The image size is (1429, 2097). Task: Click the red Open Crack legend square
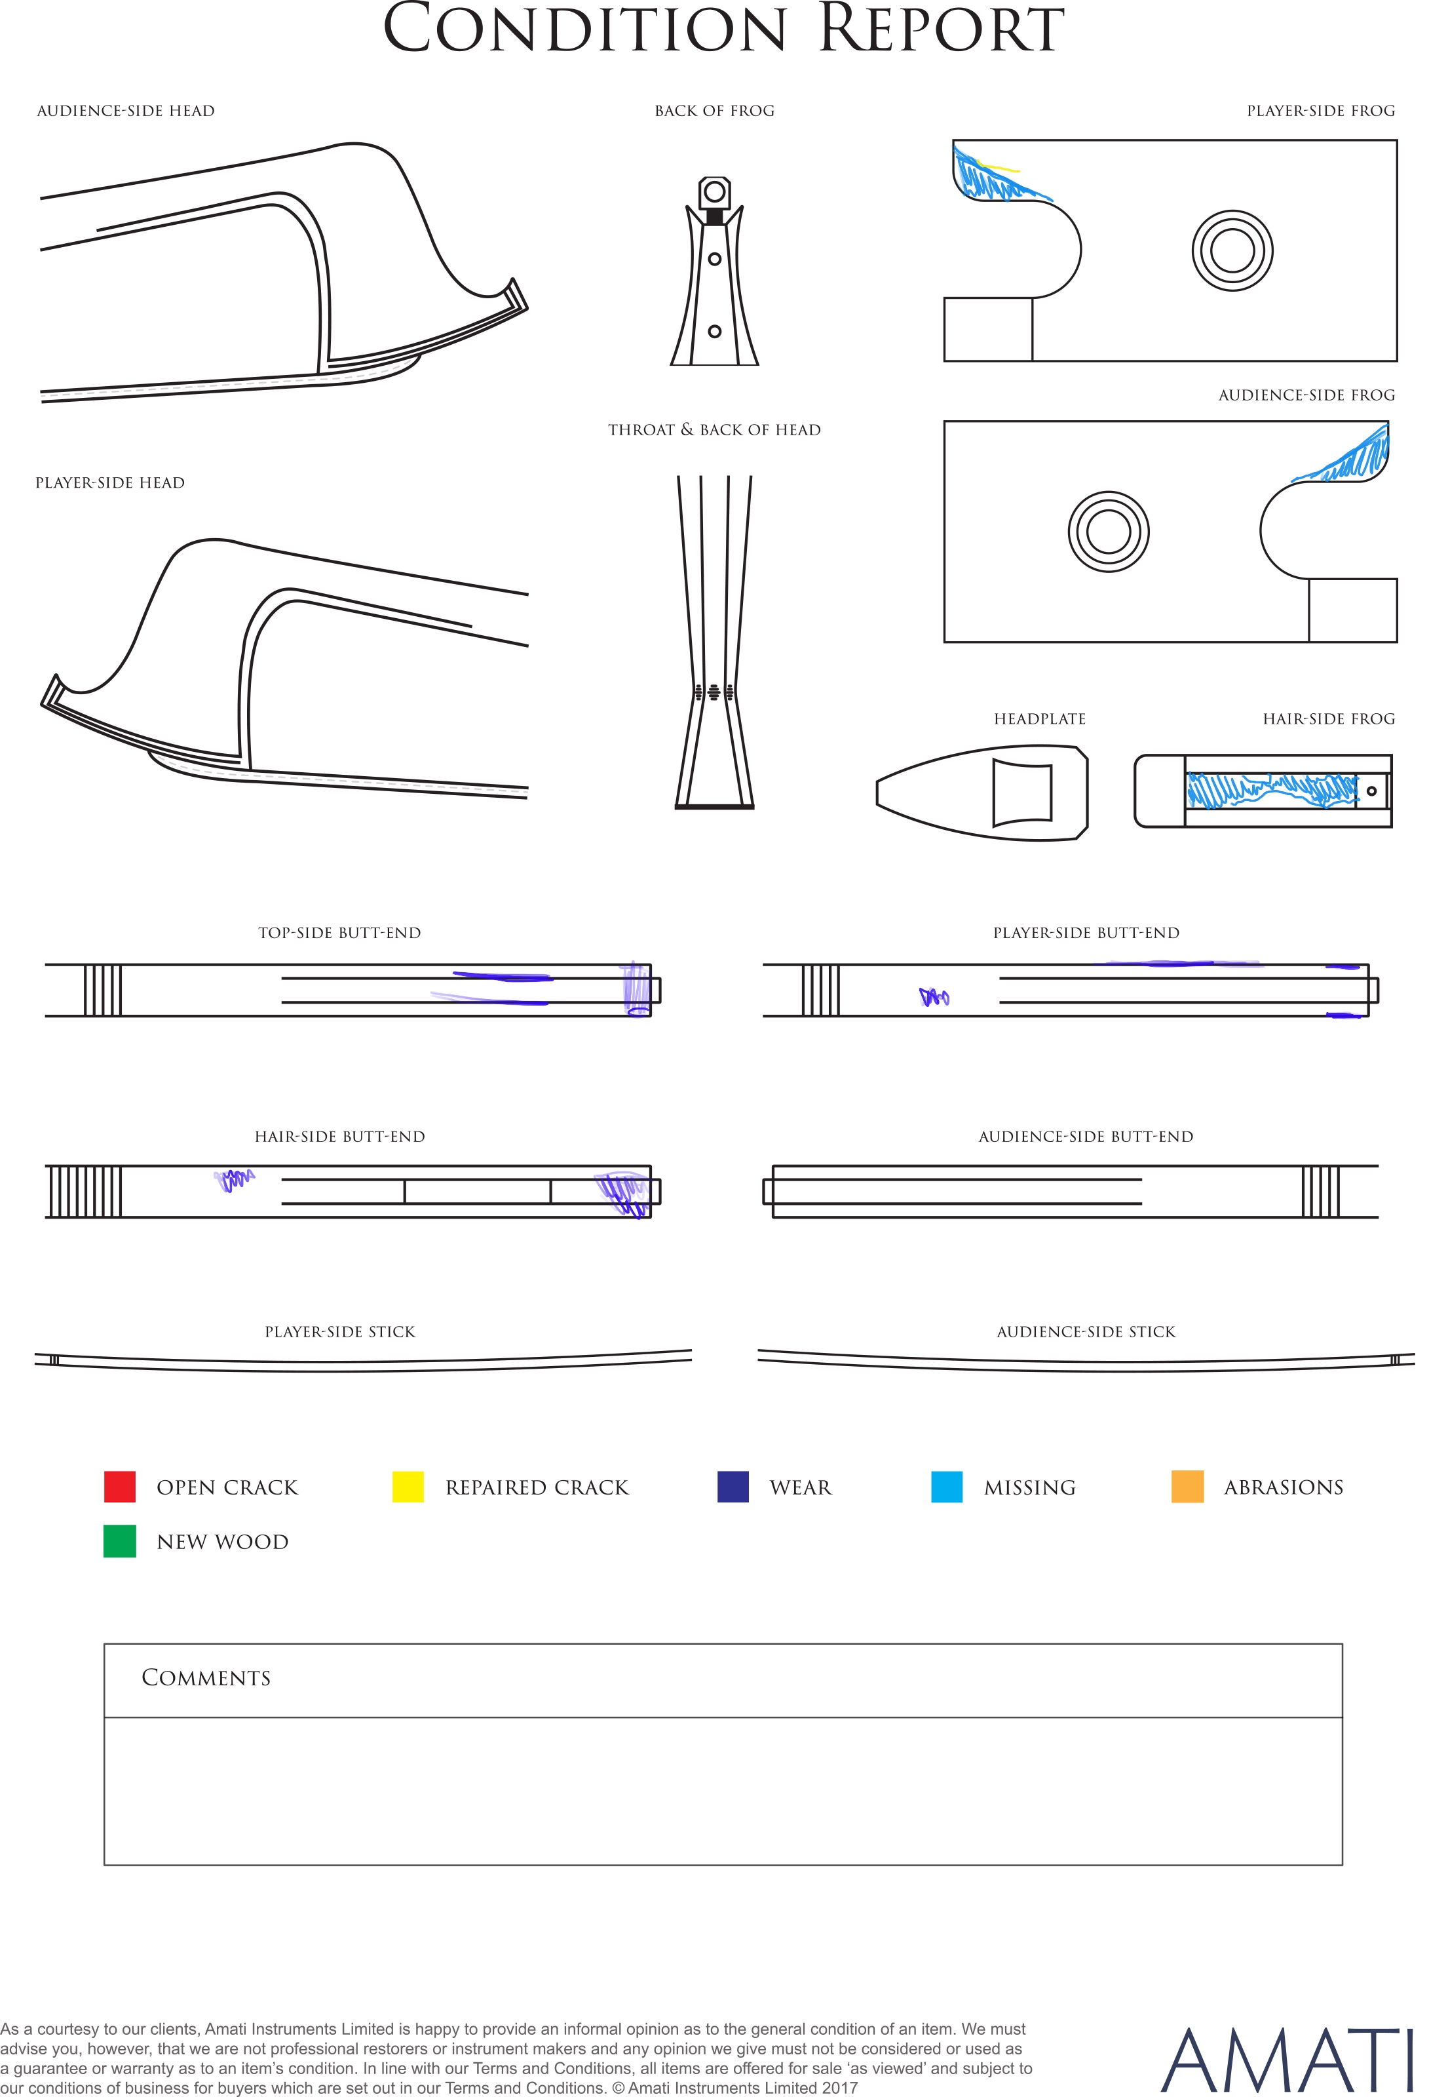(x=120, y=1486)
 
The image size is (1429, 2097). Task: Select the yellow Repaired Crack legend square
(x=408, y=1486)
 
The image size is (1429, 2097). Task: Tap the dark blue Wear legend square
(x=733, y=1486)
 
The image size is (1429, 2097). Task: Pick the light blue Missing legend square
(x=946, y=1486)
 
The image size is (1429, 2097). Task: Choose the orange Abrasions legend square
(x=1187, y=1486)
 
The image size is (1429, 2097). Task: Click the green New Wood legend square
(x=120, y=1541)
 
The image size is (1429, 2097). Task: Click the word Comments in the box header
(x=206, y=1677)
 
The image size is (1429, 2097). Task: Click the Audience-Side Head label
(x=125, y=111)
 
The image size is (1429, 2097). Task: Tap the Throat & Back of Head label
(x=714, y=429)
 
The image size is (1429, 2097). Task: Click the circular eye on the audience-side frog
(x=1109, y=532)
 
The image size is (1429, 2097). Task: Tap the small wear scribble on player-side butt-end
(x=934, y=997)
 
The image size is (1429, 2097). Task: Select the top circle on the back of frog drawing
(x=714, y=191)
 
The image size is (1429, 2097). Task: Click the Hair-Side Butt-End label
(x=339, y=1137)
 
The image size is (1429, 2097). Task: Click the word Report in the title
(x=941, y=29)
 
